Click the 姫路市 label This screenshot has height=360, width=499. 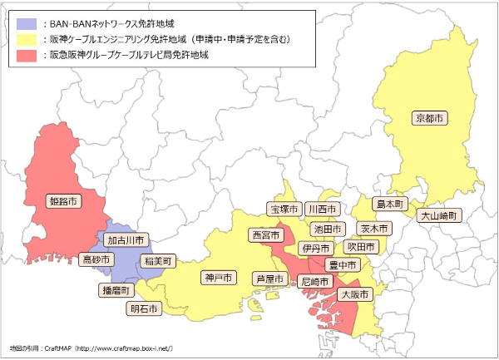click(65, 201)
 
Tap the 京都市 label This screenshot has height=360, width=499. click(430, 118)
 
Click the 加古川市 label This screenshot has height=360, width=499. click(127, 239)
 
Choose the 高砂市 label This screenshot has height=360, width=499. click(96, 259)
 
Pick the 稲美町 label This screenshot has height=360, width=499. click(157, 260)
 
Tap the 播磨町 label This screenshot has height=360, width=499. click(116, 290)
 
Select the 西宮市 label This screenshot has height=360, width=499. click(267, 235)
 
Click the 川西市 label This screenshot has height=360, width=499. click(322, 208)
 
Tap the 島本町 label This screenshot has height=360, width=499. click(388, 203)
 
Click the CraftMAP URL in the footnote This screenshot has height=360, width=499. click(123, 346)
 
